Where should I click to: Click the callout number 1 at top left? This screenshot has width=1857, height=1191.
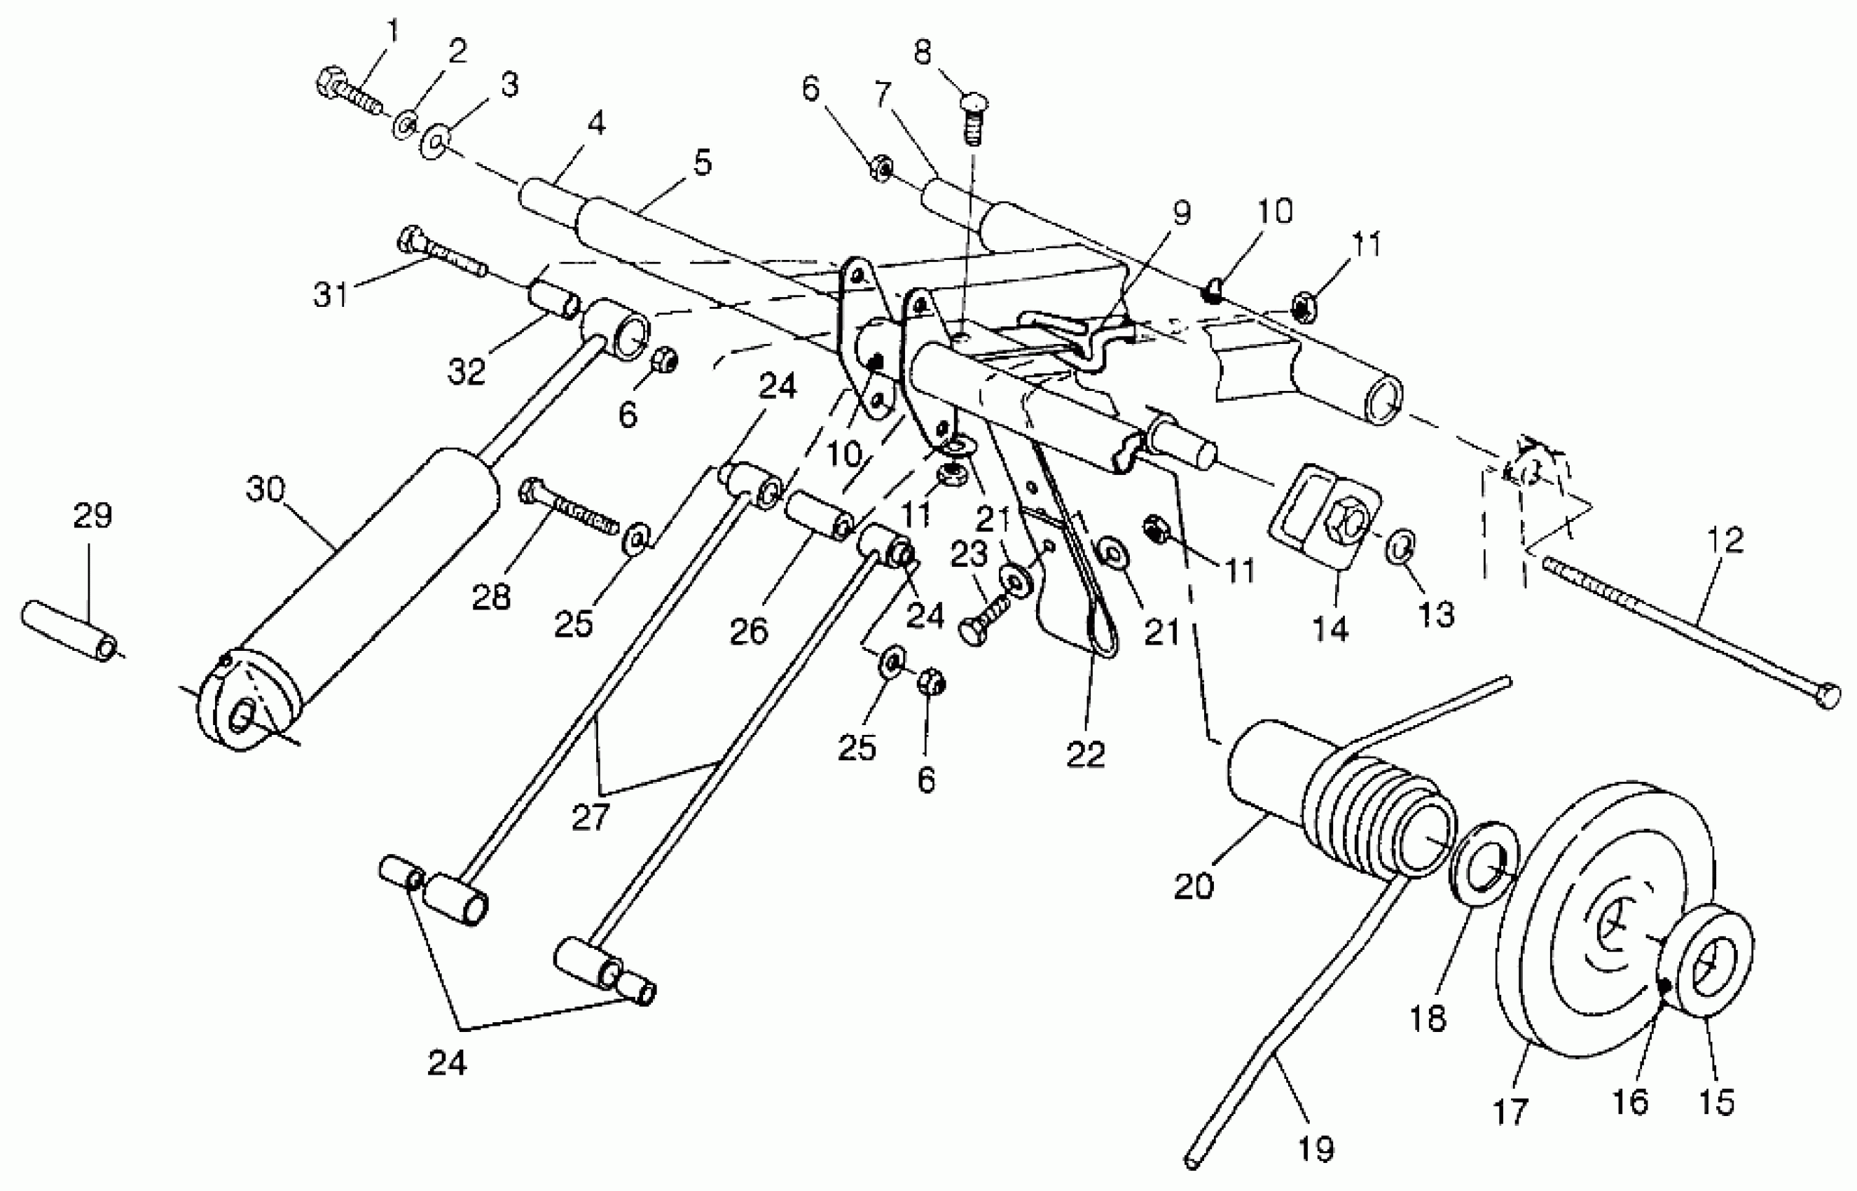point(393,32)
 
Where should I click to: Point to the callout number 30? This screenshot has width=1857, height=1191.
point(266,490)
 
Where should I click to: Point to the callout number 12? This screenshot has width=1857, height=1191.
point(1725,540)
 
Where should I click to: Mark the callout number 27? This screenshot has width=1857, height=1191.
point(591,818)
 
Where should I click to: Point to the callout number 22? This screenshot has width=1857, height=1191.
point(1086,755)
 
